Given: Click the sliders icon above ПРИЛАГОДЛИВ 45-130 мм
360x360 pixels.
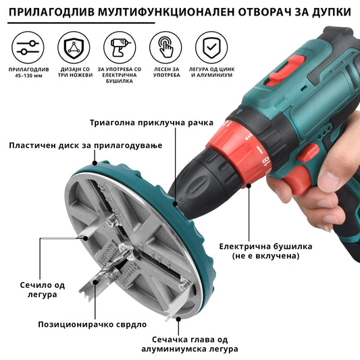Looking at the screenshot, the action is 28,47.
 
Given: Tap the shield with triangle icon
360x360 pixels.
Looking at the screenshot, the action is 74,47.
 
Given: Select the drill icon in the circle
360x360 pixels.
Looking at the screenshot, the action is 120,47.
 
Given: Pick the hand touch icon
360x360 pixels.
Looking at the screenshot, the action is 165,47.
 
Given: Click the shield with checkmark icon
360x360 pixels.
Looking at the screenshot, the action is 211,47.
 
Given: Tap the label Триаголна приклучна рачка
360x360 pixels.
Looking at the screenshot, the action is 151,123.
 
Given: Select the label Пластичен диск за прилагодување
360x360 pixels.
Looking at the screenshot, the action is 86,146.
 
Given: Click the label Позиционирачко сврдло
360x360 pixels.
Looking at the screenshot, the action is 93,324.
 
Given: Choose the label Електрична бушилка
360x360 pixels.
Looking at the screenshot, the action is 265,247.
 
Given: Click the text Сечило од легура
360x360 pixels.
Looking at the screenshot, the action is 43,290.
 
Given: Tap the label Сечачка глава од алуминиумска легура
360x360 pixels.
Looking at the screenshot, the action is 190,344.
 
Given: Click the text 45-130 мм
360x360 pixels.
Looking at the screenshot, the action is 28,76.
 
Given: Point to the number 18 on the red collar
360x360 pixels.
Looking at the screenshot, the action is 266,162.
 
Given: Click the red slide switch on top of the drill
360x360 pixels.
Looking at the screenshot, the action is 286,71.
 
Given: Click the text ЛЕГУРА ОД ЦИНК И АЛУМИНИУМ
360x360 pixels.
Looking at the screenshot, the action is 211,72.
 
